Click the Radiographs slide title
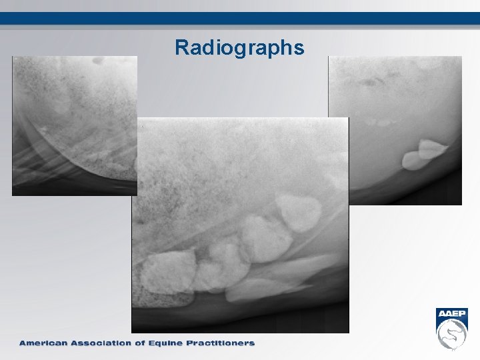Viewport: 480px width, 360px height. coord(239,48)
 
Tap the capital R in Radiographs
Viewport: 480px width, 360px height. coord(182,47)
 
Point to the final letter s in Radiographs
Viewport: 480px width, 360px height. coord(299,49)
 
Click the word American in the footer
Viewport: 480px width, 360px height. coord(44,343)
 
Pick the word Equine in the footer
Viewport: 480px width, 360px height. coord(174,343)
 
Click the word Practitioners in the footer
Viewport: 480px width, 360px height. coord(224,343)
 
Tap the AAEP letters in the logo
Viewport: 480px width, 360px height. coord(452,315)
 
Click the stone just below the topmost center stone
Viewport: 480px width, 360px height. coord(265,238)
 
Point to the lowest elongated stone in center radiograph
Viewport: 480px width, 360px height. coord(260,288)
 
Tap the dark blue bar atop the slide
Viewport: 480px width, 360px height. coord(240,18)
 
